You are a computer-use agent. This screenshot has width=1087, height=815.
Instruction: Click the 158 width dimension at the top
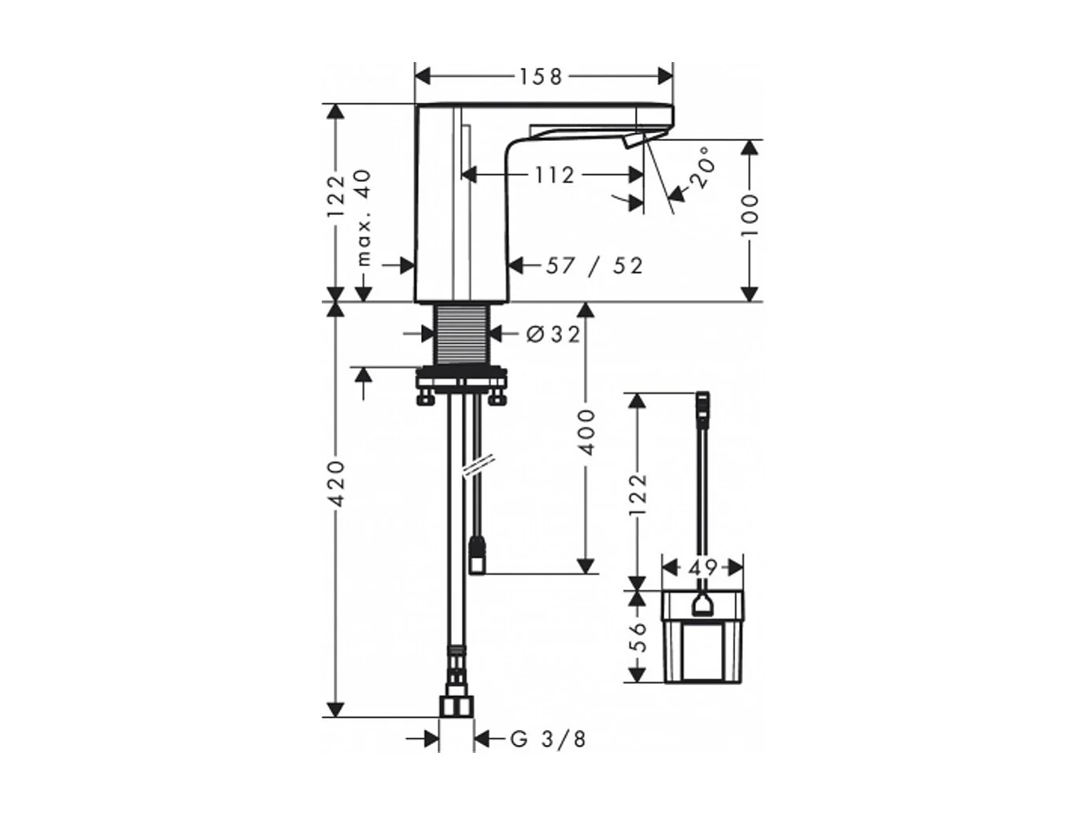(x=540, y=77)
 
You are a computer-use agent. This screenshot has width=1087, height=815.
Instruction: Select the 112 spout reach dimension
(x=554, y=175)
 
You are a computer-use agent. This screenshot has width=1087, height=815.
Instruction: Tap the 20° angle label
(x=704, y=167)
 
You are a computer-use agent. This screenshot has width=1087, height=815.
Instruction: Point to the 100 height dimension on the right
(x=750, y=216)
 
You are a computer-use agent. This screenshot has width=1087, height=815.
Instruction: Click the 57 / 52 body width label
(x=594, y=266)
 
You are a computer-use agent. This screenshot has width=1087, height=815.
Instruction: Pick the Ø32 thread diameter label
(x=553, y=335)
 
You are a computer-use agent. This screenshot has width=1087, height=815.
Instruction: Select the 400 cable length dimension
(x=586, y=432)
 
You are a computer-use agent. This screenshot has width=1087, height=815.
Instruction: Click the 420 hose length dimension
(x=337, y=484)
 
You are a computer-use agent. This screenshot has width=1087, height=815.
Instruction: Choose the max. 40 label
(x=364, y=218)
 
